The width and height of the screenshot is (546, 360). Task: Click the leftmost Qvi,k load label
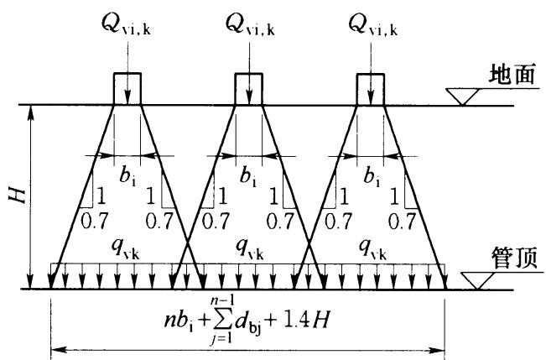click(x=126, y=25)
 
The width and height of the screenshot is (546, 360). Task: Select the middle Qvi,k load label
click(x=250, y=25)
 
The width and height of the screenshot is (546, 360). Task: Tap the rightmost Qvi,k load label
click(x=373, y=25)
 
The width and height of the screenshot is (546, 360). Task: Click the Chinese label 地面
click(x=512, y=75)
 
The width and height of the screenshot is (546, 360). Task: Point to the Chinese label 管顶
click(x=514, y=258)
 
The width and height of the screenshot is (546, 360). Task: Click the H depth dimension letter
click(x=18, y=196)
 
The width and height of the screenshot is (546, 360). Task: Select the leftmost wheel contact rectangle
click(x=127, y=89)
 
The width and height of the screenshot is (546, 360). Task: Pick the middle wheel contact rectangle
click(x=248, y=89)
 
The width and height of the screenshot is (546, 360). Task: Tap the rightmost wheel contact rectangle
click(x=371, y=89)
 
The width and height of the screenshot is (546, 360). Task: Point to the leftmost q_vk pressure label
click(x=125, y=249)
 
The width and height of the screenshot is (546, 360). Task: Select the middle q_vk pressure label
click(x=249, y=249)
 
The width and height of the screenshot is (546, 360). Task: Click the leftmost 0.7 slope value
click(x=94, y=220)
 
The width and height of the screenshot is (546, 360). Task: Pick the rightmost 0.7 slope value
click(x=402, y=220)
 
